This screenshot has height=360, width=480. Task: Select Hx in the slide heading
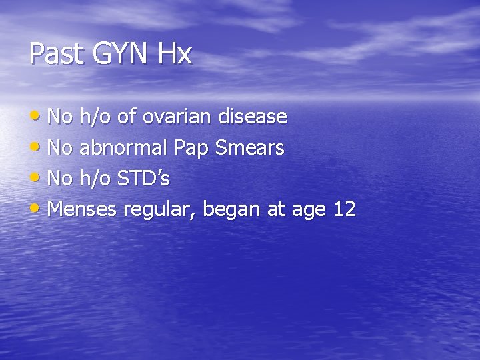[x=175, y=54]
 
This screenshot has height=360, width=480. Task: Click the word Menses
[x=83, y=210]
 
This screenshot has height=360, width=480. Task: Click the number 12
[x=345, y=210]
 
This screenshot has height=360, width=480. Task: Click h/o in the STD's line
[x=94, y=179]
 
